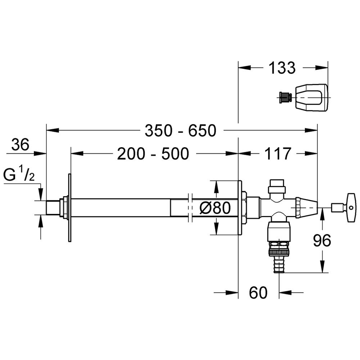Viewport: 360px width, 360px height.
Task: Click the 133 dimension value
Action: pos(282,68)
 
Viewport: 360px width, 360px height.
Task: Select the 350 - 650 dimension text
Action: pos(180,131)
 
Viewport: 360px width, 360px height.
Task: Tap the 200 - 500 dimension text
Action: pos(153,154)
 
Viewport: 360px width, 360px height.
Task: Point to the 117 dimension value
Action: pos(278,154)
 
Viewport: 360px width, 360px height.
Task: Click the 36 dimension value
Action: pos(21,145)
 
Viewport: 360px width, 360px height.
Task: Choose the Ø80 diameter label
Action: pos(215,208)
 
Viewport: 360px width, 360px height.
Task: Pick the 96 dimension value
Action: pos(322,240)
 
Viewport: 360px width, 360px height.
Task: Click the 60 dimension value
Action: pos(258,292)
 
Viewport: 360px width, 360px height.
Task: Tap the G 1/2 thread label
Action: pos(19,175)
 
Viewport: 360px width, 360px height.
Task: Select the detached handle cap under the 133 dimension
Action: pos(311,98)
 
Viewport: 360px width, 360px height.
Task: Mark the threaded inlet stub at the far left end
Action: pos(53,208)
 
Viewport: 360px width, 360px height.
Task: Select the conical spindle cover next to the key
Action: pos(306,207)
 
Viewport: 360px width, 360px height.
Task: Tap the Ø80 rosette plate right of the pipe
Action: pos(240,208)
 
